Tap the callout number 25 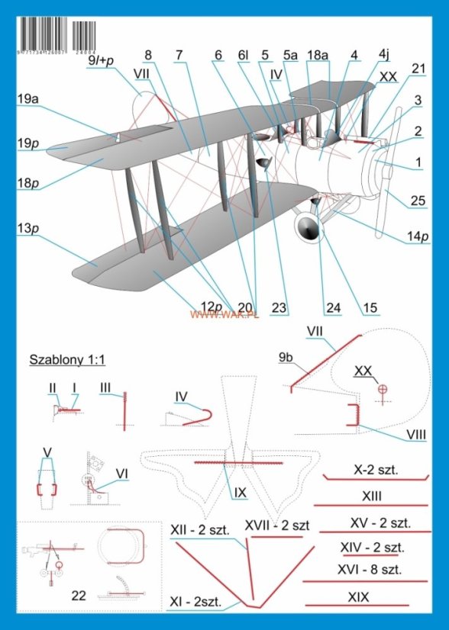click(x=416, y=201)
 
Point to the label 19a click(x=28, y=98)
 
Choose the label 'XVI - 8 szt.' click(x=370, y=570)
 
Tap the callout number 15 click(x=370, y=308)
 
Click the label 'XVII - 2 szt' click(x=276, y=526)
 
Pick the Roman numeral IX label click(x=240, y=493)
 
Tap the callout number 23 click(x=279, y=308)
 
